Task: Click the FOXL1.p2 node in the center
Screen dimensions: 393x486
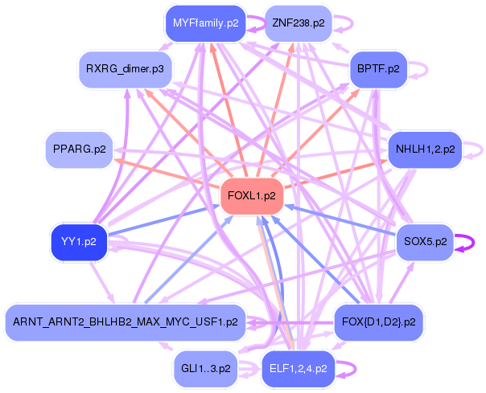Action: [x=252, y=195]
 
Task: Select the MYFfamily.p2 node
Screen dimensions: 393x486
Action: [x=205, y=23]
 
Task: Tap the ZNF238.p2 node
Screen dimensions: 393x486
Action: [x=299, y=23]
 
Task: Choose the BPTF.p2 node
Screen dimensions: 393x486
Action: [x=381, y=69]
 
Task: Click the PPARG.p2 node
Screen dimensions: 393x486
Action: [x=79, y=149]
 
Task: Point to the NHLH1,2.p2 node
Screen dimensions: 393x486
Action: [x=426, y=149]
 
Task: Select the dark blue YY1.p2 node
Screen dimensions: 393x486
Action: [x=79, y=241]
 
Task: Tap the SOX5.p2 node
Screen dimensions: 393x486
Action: [x=426, y=241]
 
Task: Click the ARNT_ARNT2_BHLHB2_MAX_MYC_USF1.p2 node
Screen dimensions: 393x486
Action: [x=125, y=322]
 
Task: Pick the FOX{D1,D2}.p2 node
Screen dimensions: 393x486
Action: [x=379, y=322]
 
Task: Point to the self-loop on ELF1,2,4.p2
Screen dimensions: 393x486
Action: [x=347, y=370]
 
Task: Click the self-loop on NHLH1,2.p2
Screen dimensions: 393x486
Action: [x=476, y=149]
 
